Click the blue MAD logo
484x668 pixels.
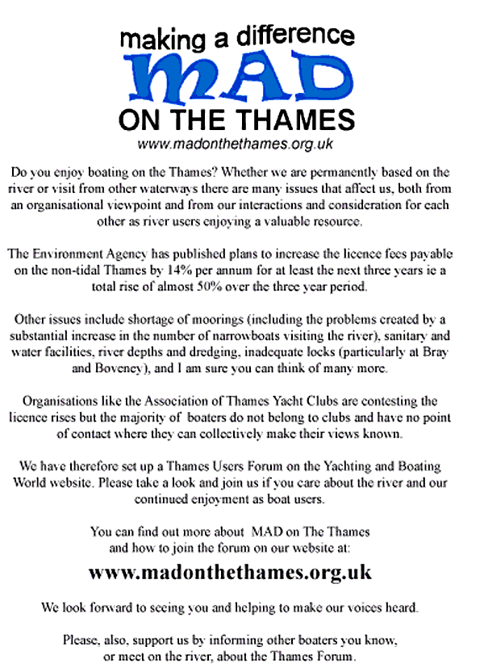[236, 78]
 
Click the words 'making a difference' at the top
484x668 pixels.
[236, 36]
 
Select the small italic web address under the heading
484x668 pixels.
[236, 144]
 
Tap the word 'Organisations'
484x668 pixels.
[63, 401]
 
